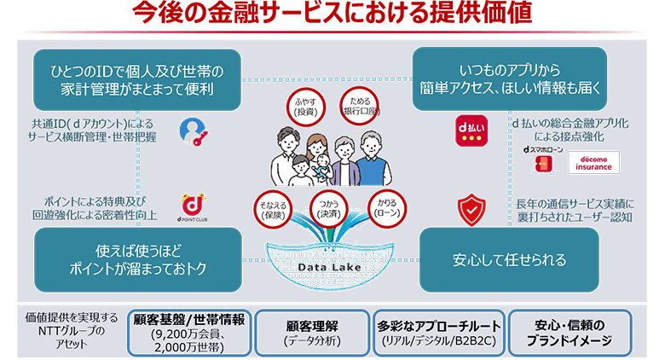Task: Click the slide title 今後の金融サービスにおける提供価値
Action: click(332, 15)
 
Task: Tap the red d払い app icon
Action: click(471, 130)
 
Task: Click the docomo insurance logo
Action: click(593, 162)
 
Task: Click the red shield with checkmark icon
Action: click(470, 209)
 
